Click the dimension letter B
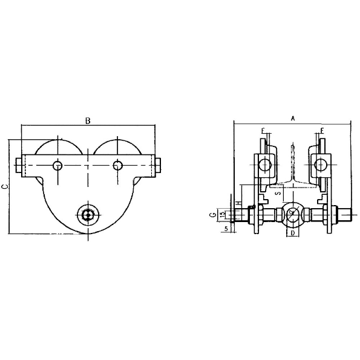pyautogui.click(x=88, y=120)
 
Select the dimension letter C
pyautogui.click(x=5, y=187)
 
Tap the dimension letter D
pyautogui.click(x=292, y=232)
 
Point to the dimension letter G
pyautogui.click(x=213, y=214)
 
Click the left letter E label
pyautogui.click(x=263, y=131)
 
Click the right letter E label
pyautogui.click(x=322, y=131)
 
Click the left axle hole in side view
pyautogui.click(x=57, y=165)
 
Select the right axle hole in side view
pyautogui.click(x=118, y=165)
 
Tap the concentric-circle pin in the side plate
pyautogui.click(x=88, y=214)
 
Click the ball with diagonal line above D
pyautogui.click(x=292, y=214)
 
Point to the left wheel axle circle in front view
pyautogui.click(x=264, y=164)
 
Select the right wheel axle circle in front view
pyautogui.click(x=321, y=164)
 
